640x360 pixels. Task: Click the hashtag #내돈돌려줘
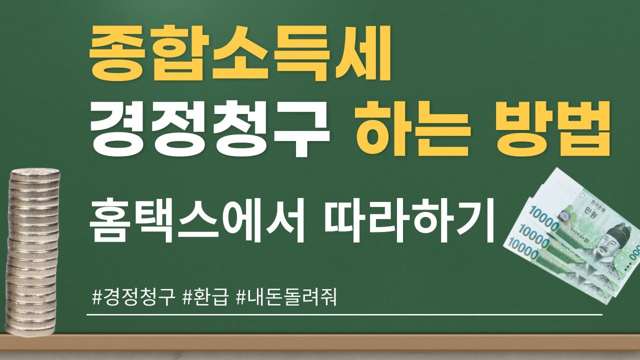click(285, 298)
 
